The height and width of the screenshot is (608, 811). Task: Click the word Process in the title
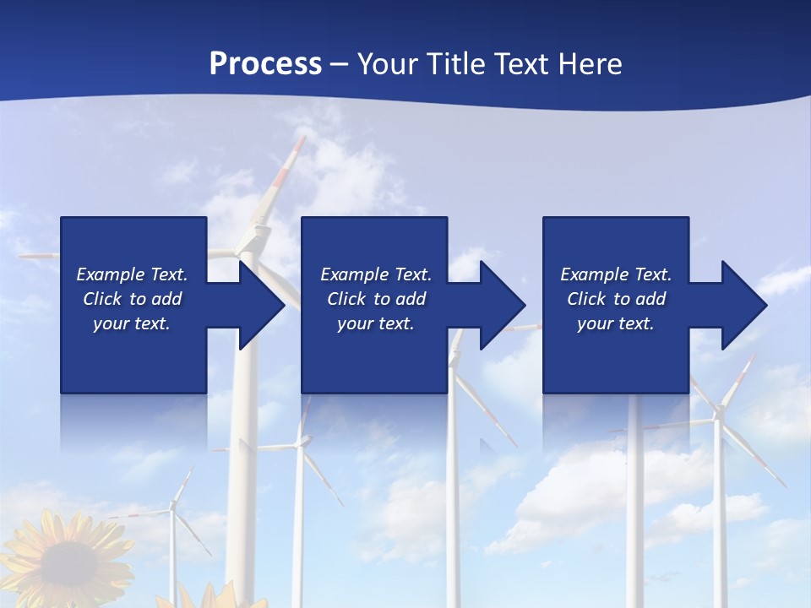tap(265, 64)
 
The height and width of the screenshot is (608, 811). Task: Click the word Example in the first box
tap(110, 274)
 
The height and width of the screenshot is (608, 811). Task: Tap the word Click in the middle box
tap(346, 299)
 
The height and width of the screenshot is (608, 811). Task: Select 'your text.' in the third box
tap(616, 323)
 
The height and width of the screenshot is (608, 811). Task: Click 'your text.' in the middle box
tap(376, 323)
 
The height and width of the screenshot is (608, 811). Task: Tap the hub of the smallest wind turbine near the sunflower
tap(172, 506)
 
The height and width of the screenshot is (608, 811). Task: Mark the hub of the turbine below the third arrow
tap(719, 414)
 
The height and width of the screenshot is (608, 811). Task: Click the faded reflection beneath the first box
tap(133, 422)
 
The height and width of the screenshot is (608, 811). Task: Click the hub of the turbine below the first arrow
tap(299, 441)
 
